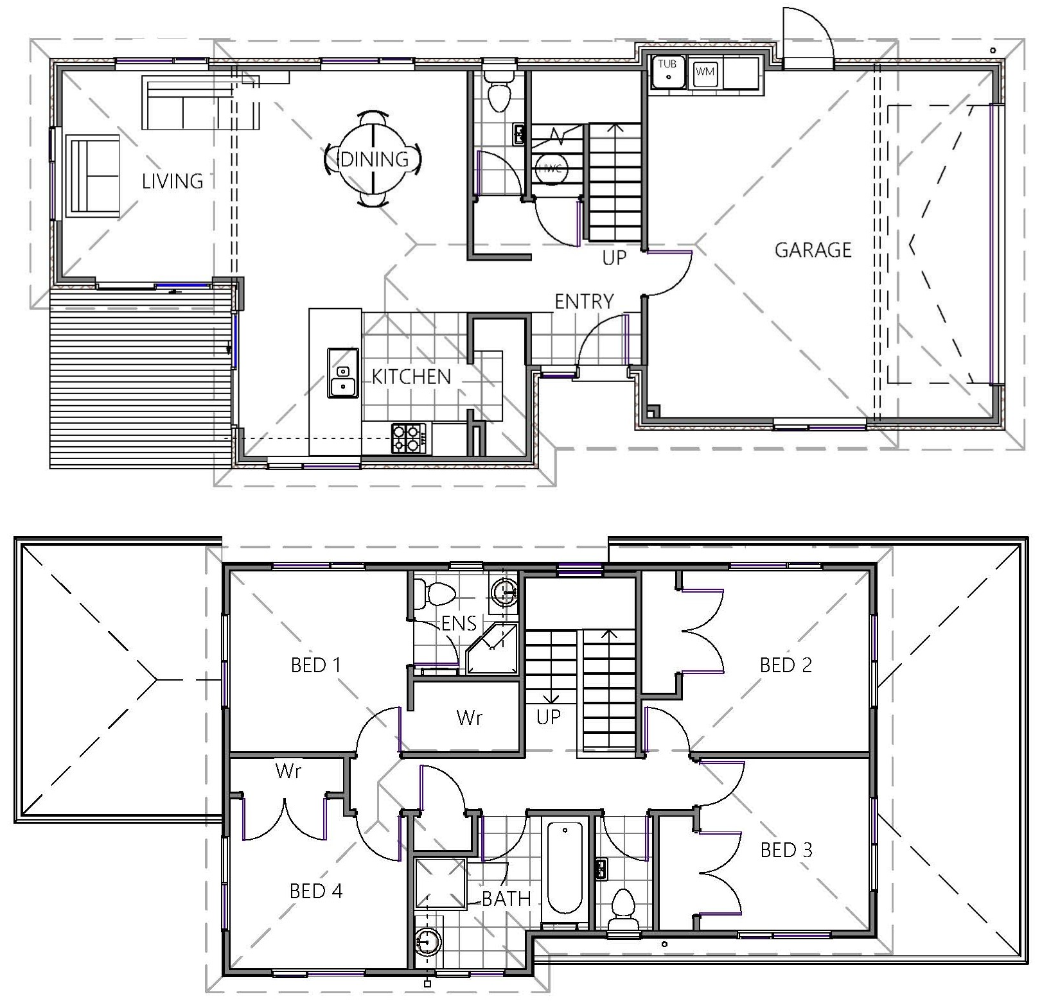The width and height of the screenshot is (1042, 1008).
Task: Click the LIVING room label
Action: point(172,181)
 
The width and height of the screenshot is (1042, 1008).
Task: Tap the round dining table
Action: point(373,159)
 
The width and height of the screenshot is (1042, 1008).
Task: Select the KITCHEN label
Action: point(411,377)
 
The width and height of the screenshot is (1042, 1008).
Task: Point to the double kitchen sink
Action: point(343,373)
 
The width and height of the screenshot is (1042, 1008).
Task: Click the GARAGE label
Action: point(813,250)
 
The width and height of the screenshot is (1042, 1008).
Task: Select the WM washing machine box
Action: point(705,72)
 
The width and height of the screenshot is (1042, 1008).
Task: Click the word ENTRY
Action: point(584,301)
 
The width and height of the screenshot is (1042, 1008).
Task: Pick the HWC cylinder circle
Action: point(551,168)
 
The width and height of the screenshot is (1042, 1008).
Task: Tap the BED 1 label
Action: point(315,665)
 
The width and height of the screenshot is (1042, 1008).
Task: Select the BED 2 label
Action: point(786,665)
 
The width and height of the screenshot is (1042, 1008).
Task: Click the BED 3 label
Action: point(786,850)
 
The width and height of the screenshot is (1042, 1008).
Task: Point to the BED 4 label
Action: point(316,891)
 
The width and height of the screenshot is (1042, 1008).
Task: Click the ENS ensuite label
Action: point(459,623)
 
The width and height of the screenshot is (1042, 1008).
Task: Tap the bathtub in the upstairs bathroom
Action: point(565,868)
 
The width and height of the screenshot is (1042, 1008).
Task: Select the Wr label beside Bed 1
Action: point(469,717)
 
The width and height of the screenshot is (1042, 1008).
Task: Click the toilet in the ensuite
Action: point(435,594)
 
